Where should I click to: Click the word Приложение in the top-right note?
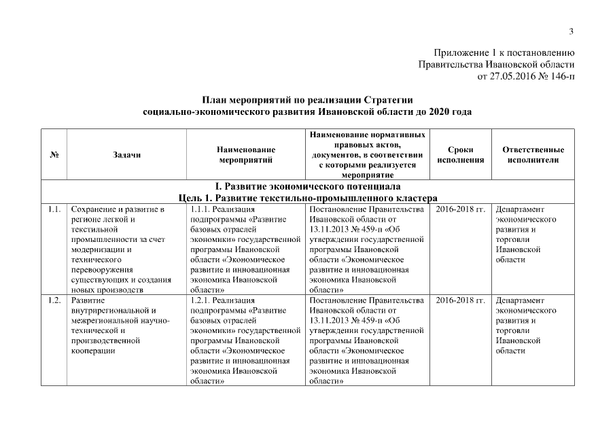pos(460,53)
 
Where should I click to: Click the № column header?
pos(54,154)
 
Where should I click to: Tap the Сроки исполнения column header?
pos(461,154)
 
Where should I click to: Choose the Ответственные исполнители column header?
pos(533,154)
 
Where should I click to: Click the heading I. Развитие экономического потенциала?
pos(308,186)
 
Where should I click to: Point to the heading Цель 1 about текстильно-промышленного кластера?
pos(307,197)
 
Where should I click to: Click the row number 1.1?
pos(54,209)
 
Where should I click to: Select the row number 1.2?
pos(54,300)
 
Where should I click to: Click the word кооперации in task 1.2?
pos(92,351)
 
